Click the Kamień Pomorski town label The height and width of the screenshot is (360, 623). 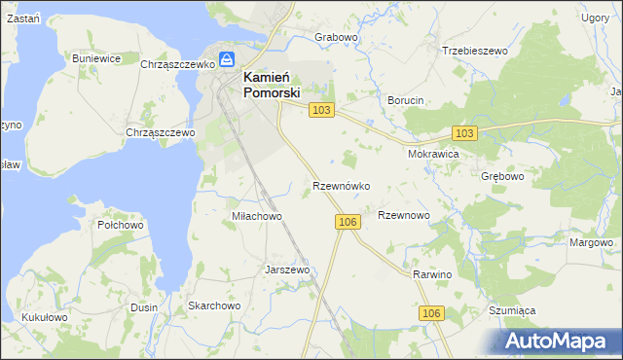[270, 85]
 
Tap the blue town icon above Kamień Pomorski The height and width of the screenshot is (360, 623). [225, 58]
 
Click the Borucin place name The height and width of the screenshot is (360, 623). [406, 101]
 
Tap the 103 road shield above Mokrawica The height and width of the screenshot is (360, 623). [464, 132]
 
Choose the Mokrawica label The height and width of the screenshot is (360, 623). [433, 154]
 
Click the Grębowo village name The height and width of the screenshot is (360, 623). [502, 177]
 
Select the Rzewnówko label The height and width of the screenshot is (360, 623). [340, 185]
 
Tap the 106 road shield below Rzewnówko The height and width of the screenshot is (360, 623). [349, 223]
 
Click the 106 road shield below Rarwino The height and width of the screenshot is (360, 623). [433, 312]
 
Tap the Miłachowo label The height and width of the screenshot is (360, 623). [256, 216]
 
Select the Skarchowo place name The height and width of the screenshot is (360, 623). [214, 306]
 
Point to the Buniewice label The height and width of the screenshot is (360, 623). [96, 58]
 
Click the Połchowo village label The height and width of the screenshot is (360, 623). [121, 224]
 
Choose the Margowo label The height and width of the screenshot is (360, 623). [591, 242]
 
